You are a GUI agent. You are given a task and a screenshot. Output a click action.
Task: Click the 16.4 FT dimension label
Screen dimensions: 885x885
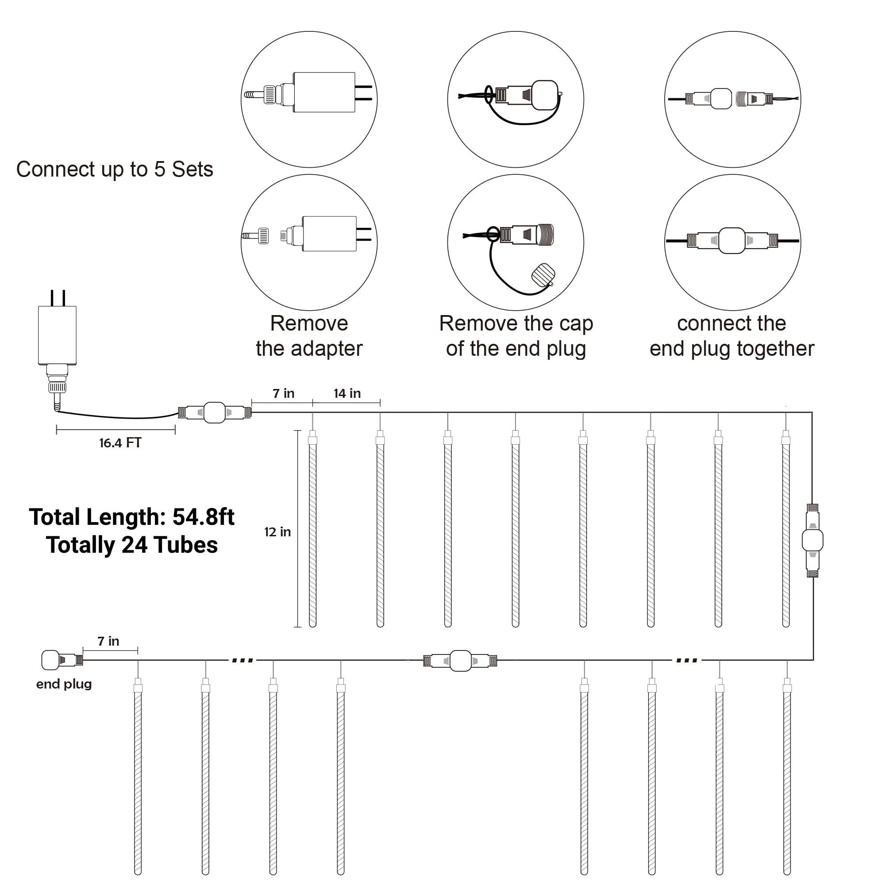point(120,443)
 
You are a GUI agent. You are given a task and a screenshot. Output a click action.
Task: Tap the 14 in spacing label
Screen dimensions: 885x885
point(347,393)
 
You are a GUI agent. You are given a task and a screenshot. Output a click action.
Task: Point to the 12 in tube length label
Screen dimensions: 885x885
point(277,532)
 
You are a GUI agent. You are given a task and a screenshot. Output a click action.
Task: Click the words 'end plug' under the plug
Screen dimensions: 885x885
point(64,684)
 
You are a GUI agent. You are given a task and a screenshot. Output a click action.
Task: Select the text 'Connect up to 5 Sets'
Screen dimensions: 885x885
point(115,169)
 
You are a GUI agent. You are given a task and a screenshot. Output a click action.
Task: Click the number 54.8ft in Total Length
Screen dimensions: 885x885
point(204,517)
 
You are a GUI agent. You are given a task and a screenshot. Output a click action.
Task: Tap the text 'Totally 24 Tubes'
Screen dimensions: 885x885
point(132,545)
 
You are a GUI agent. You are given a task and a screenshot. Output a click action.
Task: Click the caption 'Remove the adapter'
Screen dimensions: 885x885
point(309,336)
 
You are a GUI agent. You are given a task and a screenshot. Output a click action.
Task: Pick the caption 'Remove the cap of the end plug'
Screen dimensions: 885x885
point(516,336)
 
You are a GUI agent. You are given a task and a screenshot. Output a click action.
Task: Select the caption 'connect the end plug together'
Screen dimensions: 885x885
point(731,336)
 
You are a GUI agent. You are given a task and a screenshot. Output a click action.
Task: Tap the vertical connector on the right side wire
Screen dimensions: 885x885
point(812,541)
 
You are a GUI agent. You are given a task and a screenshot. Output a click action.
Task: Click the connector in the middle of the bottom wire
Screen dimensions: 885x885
point(460,661)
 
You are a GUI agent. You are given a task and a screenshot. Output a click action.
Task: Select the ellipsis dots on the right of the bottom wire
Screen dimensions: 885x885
point(687,661)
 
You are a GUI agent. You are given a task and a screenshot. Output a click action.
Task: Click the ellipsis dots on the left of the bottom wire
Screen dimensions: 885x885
point(242,661)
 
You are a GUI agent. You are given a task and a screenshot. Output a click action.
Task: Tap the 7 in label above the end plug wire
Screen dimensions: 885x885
point(108,641)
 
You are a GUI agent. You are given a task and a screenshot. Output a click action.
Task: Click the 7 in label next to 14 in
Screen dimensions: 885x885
point(284,393)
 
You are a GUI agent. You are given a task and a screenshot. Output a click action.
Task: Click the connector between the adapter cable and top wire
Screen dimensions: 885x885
point(214,413)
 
